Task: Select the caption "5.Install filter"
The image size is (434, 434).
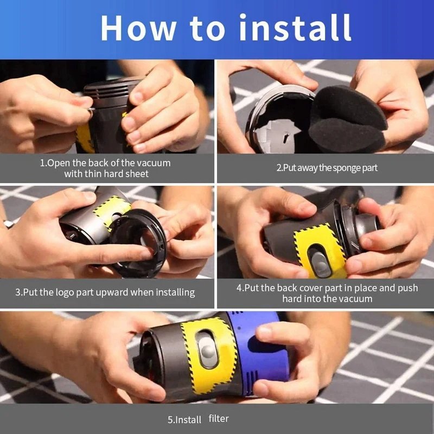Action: pyautogui.click(x=198, y=419)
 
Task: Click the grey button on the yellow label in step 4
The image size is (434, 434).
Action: pyautogui.click(x=320, y=260)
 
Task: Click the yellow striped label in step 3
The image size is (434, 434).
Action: pyautogui.click(x=111, y=208)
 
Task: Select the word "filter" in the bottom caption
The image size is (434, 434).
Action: pyautogui.click(x=219, y=419)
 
